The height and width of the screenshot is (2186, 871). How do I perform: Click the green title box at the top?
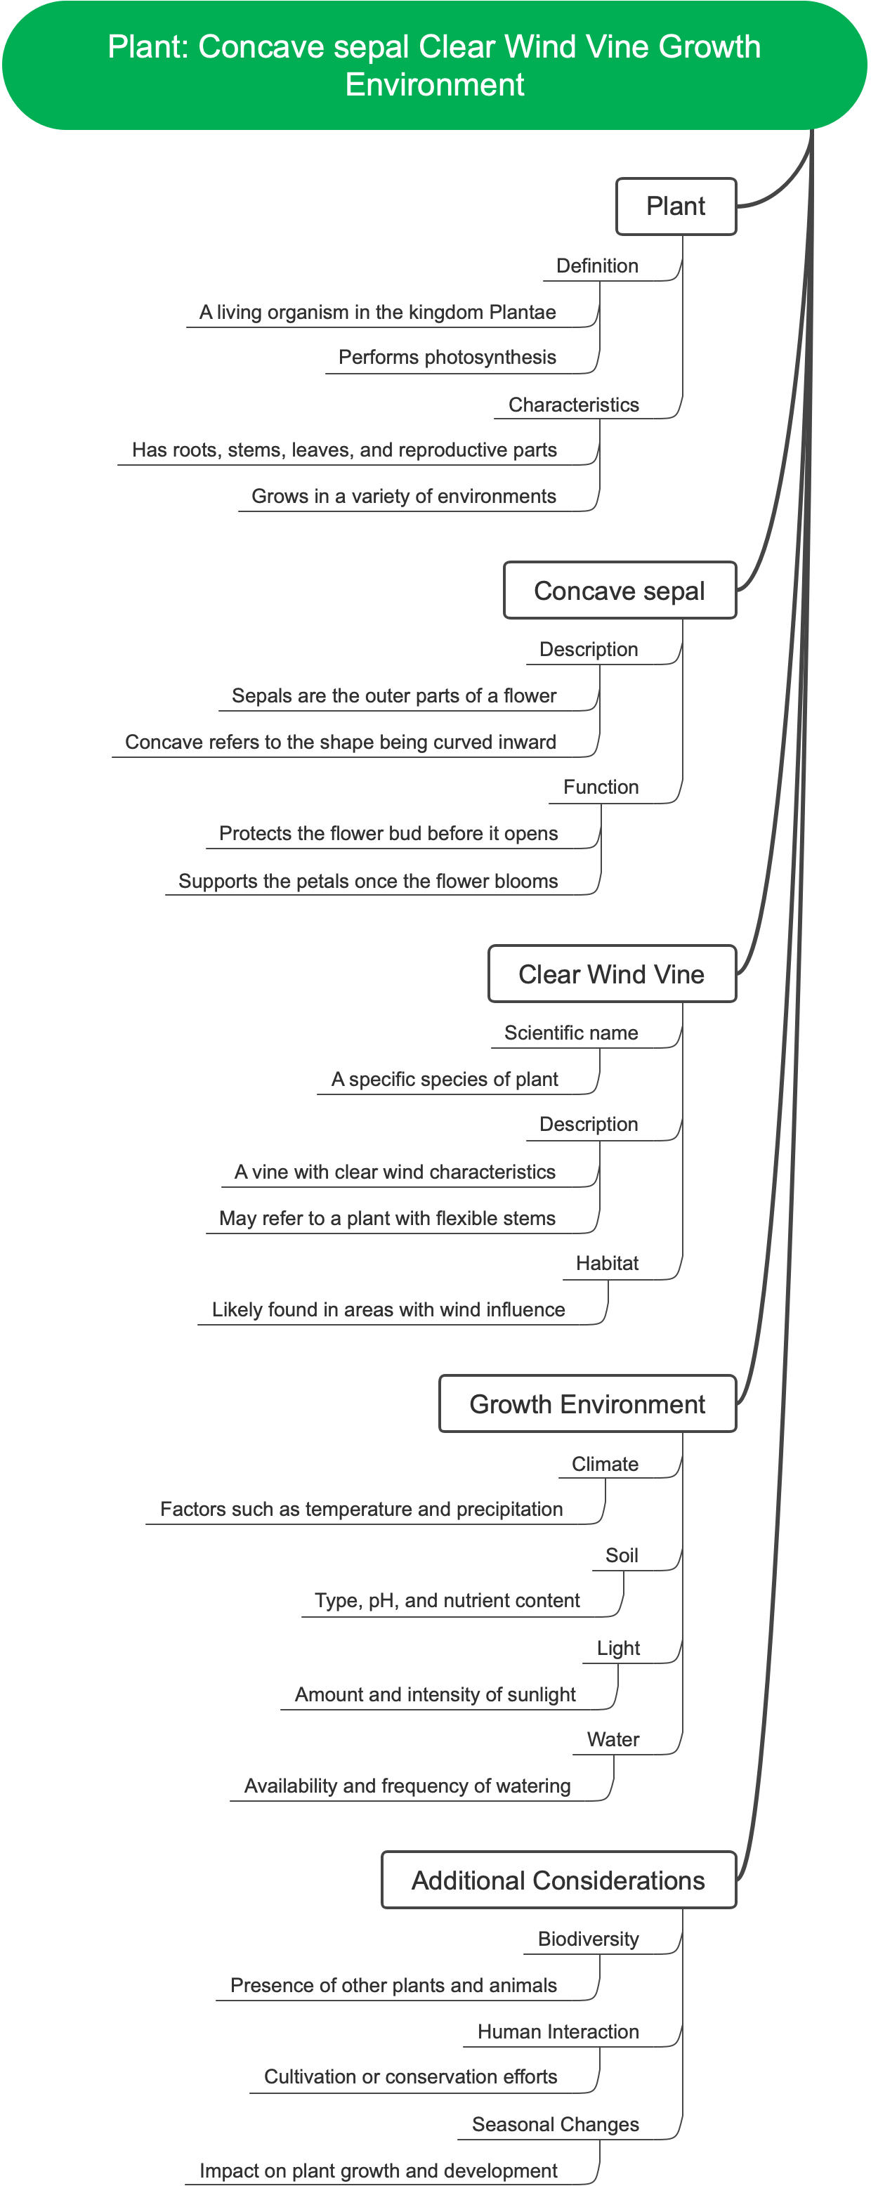[x=434, y=65]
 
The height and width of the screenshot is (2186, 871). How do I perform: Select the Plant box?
[x=675, y=207]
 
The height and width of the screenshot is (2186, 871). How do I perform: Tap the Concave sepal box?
[x=619, y=591]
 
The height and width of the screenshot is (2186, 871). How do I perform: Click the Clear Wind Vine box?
[x=611, y=974]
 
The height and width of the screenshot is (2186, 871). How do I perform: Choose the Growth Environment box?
[x=587, y=1404]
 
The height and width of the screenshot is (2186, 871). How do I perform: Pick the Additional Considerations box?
[x=558, y=1880]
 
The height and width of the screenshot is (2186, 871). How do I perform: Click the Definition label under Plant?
[x=597, y=266]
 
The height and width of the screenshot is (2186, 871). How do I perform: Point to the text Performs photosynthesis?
[x=447, y=358]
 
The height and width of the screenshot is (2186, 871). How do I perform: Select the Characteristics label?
[x=573, y=405]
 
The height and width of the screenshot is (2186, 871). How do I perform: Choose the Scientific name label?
[x=570, y=1033]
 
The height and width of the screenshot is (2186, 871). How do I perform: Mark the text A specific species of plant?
[x=444, y=1080]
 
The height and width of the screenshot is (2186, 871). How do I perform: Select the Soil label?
[x=622, y=1555]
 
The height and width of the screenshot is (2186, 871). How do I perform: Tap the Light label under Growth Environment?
[x=618, y=1648]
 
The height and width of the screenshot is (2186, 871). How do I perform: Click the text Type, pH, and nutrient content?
[x=447, y=1602]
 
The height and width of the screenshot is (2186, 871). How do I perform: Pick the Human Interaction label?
[x=558, y=2031]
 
